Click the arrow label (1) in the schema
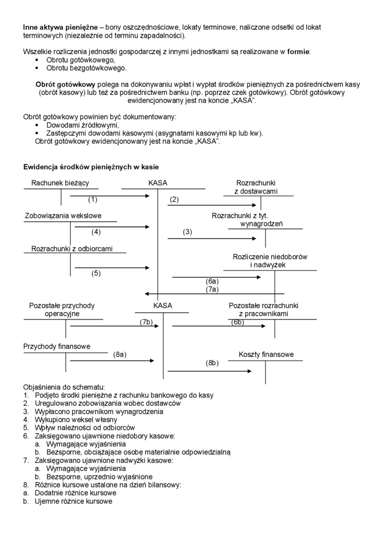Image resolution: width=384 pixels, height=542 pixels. [92, 200]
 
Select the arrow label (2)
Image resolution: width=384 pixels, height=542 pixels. [174, 200]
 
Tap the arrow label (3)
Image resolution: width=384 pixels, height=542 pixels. [187, 232]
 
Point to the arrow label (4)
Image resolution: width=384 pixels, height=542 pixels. [96, 232]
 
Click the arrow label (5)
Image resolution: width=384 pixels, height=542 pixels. [96, 273]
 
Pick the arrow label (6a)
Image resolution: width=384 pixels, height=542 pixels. [212, 281]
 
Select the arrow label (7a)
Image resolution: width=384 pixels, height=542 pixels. [212, 289]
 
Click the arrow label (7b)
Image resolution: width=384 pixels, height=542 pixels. [146, 322]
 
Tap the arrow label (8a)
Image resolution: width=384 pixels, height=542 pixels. [120, 355]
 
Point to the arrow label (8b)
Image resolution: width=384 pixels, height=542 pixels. [212, 363]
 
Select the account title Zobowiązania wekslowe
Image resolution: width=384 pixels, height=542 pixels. [63, 216]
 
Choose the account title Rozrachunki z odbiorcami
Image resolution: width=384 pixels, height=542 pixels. [72, 249]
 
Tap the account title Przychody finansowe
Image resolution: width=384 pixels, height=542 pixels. [57, 346]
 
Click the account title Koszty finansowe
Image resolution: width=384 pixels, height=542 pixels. [266, 355]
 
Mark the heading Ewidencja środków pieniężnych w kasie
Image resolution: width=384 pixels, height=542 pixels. [91, 167]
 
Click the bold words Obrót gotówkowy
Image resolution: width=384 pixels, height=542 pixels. [65, 84]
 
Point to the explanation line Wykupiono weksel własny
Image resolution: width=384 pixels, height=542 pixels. [76, 419]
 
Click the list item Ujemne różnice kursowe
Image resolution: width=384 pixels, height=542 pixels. [73, 501]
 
